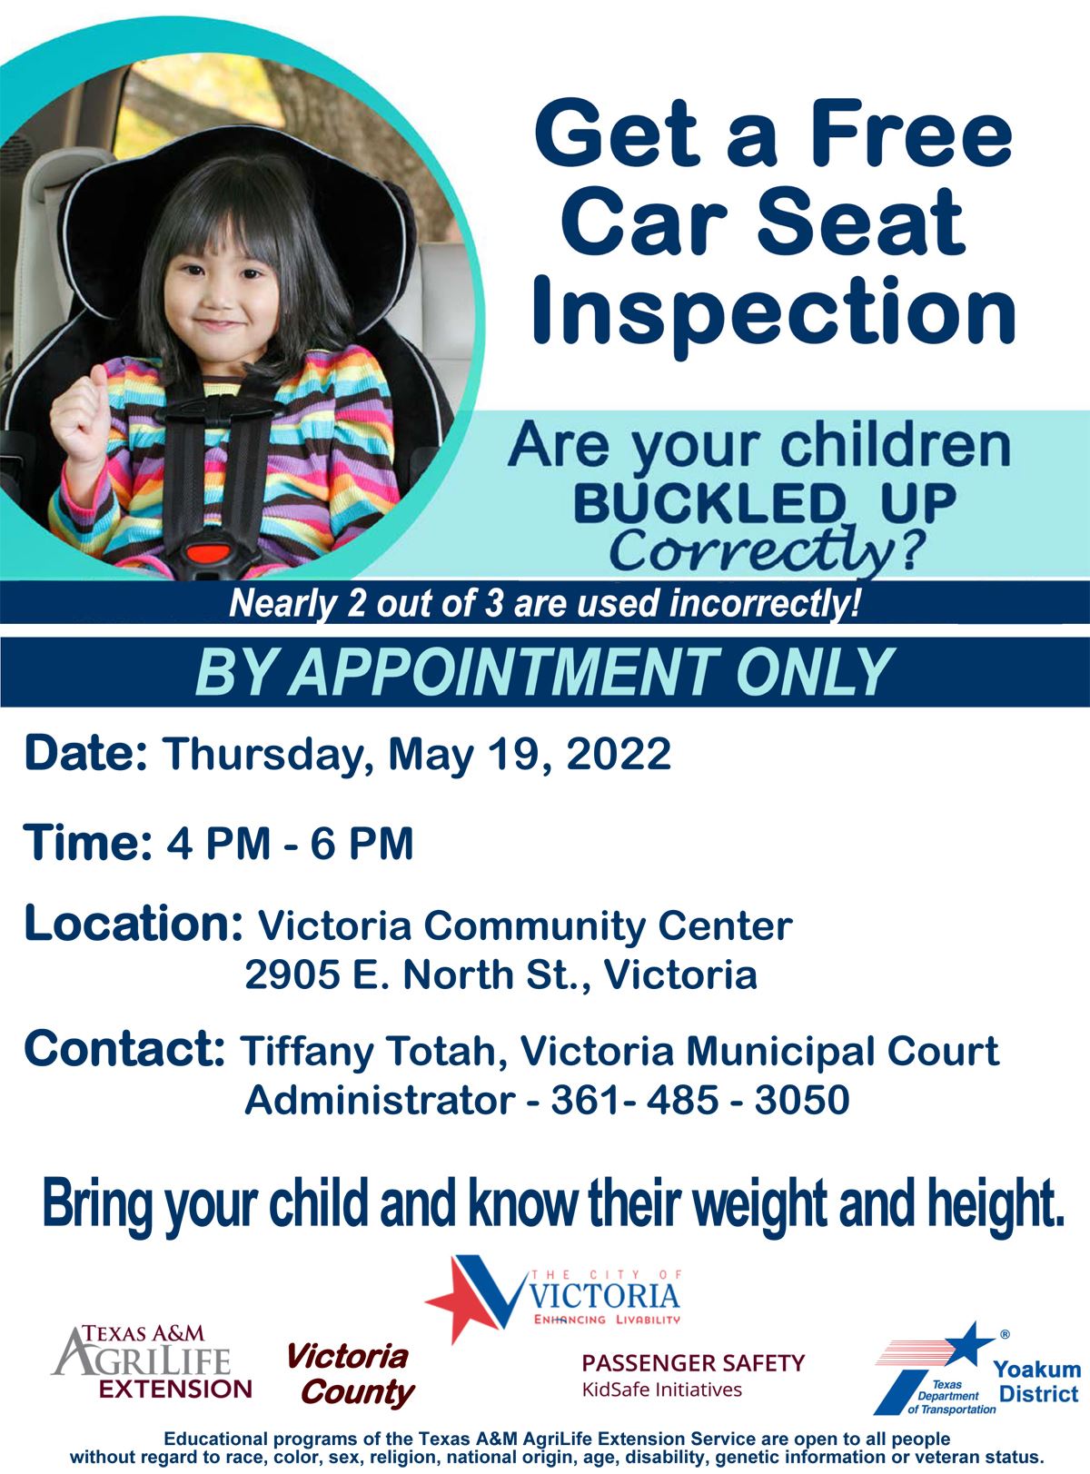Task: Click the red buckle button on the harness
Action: pos(208,551)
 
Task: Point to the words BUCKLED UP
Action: pos(764,502)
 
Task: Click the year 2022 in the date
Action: pos(619,754)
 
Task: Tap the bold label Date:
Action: pos(85,754)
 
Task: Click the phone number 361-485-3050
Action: pos(699,1100)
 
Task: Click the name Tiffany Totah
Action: pos(369,1052)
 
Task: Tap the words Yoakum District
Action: pos(1037,1381)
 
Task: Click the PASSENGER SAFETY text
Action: pos(693,1362)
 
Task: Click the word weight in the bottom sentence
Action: pos(761,1204)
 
